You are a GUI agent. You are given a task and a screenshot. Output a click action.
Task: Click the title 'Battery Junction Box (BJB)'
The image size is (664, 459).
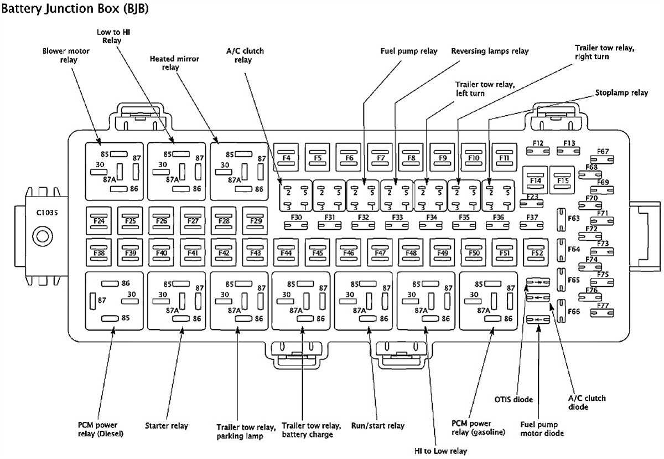pos(75,9)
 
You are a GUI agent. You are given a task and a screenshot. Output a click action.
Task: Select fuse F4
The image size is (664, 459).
pos(287,158)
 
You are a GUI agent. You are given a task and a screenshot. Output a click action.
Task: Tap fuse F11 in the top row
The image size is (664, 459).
pos(504,158)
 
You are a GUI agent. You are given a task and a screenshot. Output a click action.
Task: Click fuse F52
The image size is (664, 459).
pos(537,253)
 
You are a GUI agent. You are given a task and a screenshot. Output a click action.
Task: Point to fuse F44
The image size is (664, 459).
pos(286,253)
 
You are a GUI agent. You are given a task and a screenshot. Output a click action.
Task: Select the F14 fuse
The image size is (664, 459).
pos(535,180)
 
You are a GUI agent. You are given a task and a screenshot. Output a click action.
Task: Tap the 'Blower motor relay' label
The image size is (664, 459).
pos(66,55)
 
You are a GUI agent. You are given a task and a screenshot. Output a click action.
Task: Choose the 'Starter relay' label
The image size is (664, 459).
pos(167,426)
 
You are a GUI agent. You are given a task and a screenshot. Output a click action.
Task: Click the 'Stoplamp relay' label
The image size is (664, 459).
pos(621,93)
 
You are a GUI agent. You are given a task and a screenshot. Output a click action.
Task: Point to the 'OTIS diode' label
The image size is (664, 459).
pos(513,400)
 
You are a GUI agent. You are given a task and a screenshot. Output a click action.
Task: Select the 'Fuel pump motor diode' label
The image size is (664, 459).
pos(542,429)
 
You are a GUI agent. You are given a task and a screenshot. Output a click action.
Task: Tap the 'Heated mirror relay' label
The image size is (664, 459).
pos(174,63)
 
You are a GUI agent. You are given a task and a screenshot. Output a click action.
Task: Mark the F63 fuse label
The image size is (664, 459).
pos(573,218)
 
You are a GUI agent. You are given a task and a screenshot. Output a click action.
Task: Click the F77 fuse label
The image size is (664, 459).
pos(603,306)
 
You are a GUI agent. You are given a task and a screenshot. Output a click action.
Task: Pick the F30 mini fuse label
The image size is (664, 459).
pos(297,218)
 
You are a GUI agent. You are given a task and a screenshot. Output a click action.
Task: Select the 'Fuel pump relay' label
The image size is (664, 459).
pos(408,51)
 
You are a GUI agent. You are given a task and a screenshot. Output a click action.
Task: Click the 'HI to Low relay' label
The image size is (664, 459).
pos(440,451)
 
